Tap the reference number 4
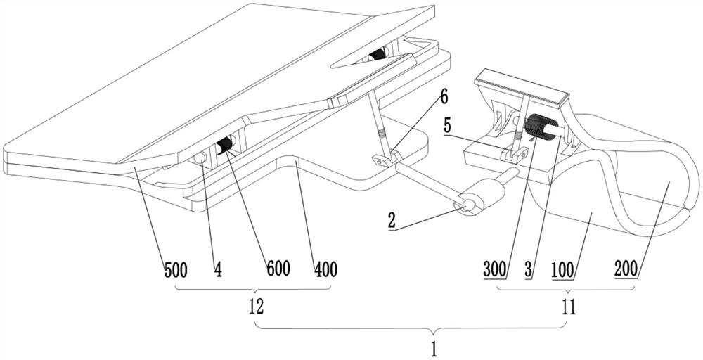click(x=219, y=269)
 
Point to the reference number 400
click(x=325, y=269)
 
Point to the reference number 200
click(x=625, y=269)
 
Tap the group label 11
click(x=567, y=307)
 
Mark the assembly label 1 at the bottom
click(x=434, y=347)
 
